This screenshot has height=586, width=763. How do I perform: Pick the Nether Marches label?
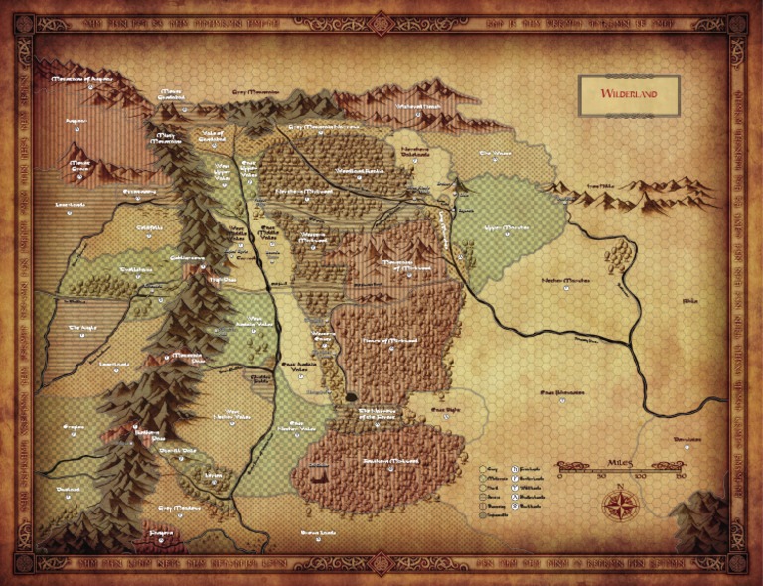pyautogui.click(x=565, y=281)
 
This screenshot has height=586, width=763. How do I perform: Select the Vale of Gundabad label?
pyautogui.click(x=213, y=136)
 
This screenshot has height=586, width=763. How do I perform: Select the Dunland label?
pyautogui.click(x=69, y=489)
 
